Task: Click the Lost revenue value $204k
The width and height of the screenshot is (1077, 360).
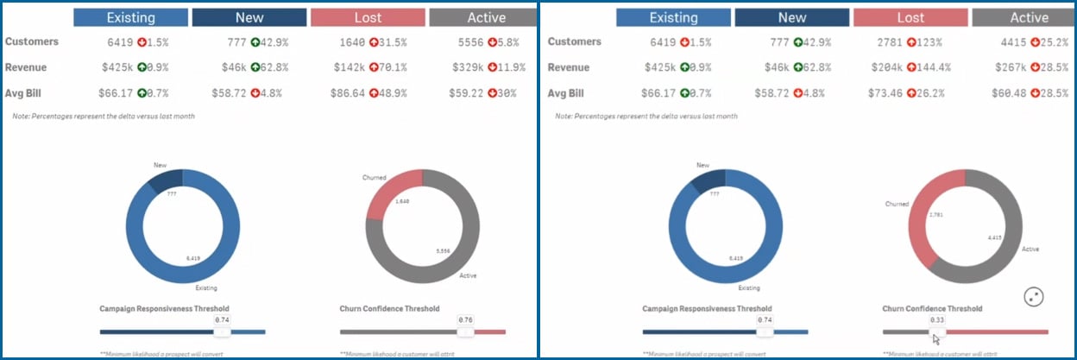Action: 886,67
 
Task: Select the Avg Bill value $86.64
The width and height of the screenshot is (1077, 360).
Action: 346,93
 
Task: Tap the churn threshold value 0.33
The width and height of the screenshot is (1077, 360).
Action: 934,319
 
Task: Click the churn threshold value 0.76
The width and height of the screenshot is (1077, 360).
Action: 465,319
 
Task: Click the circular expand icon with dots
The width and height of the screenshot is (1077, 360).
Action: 1034,297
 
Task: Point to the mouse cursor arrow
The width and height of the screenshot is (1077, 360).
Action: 937,338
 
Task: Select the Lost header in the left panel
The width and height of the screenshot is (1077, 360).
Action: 368,17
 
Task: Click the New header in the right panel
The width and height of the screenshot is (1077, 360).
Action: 791,17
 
